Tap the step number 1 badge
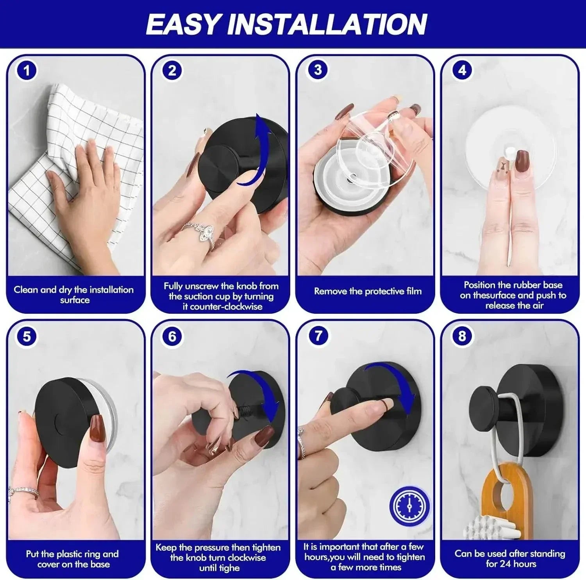27,71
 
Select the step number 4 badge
462,70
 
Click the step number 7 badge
318,336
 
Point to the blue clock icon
409,505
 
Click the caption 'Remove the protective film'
368,291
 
